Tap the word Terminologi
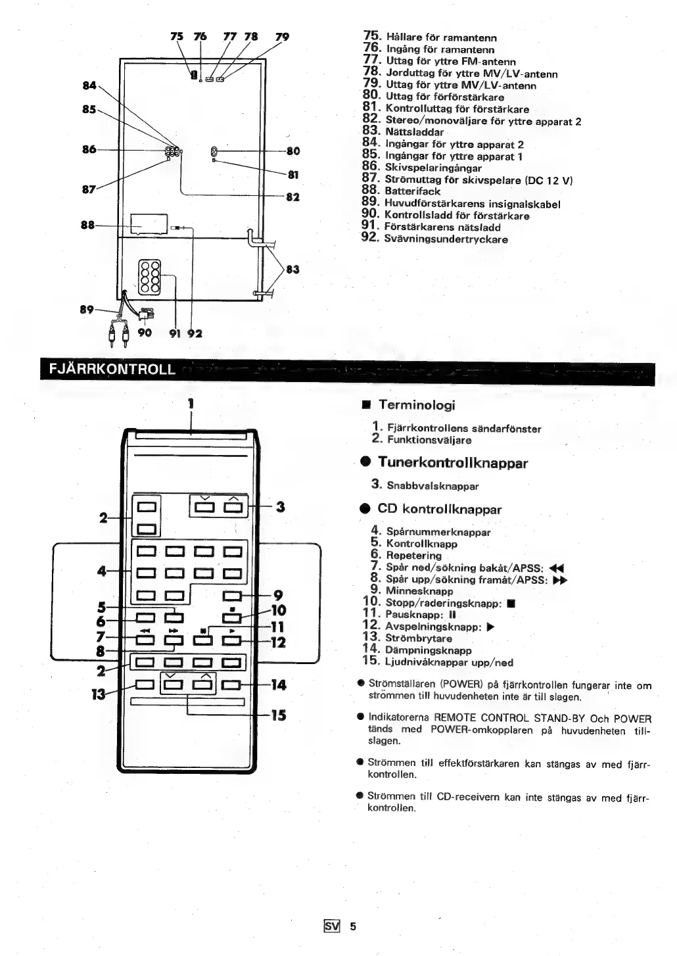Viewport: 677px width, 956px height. (x=417, y=406)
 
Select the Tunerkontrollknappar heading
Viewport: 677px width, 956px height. (x=453, y=463)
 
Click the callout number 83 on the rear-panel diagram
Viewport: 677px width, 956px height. (x=292, y=269)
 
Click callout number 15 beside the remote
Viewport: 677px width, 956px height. (x=279, y=715)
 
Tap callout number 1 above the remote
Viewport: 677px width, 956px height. (x=191, y=403)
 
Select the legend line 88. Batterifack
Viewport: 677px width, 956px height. (x=402, y=191)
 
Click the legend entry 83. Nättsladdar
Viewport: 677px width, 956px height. (x=404, y=132)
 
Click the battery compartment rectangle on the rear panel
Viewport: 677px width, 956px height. (x=149, y=224)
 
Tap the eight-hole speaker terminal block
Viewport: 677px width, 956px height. (x=151, y=276)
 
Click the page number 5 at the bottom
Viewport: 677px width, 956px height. (x=352, y=926)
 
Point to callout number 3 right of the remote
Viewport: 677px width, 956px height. (x=281, y=506)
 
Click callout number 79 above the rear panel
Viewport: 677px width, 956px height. (x=281, y=37)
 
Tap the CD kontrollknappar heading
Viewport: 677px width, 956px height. (x=439, y=510)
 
